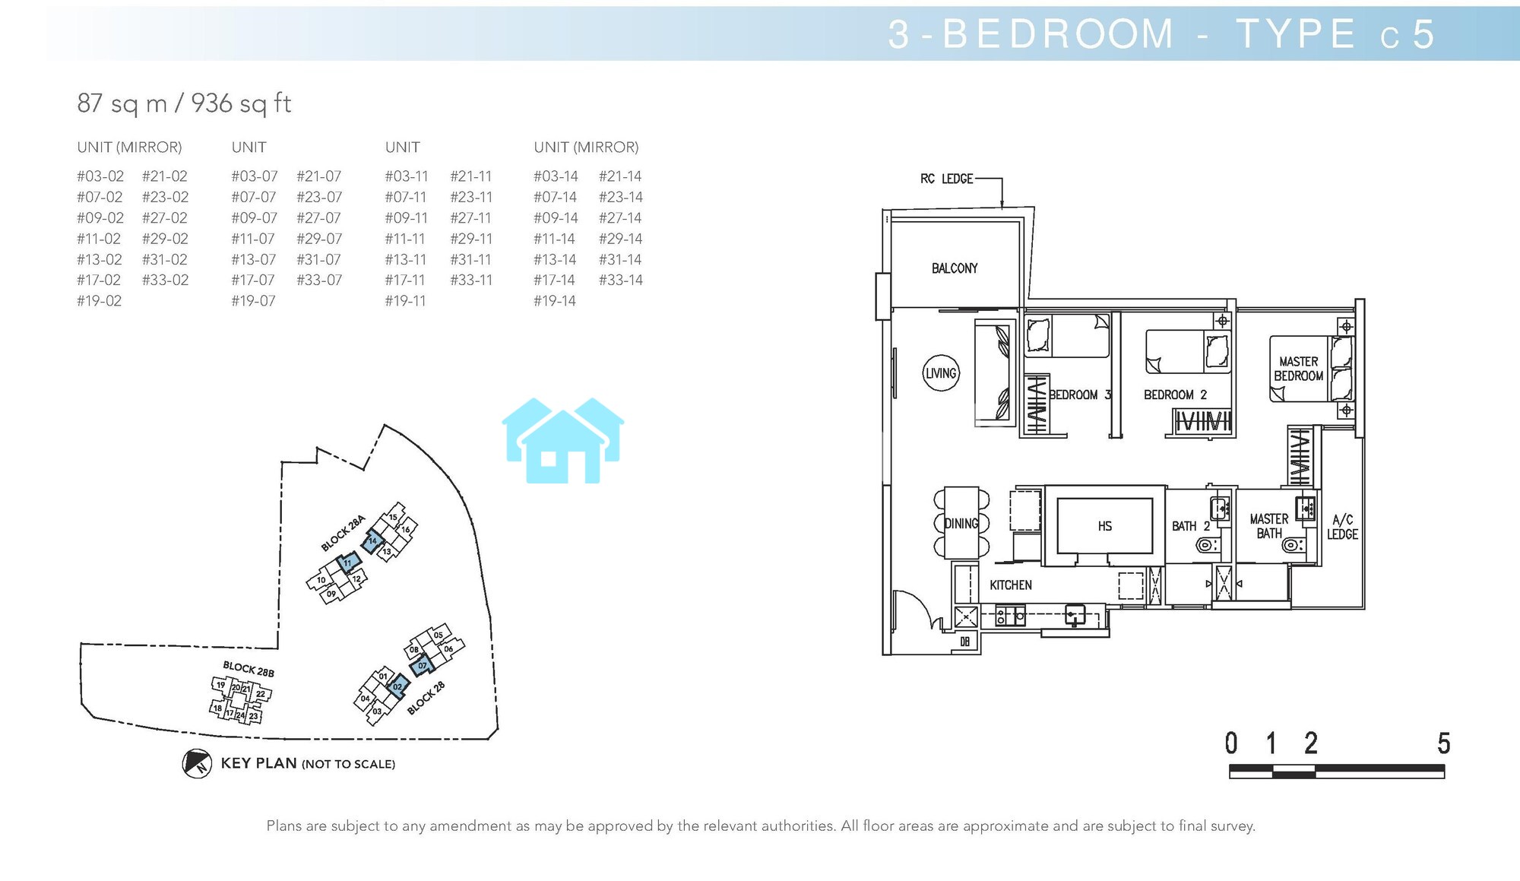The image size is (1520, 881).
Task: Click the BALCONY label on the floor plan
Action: coord(955,268)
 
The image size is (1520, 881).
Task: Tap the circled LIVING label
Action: coord(941,373)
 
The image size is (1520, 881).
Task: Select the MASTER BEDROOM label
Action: coord(1299,369)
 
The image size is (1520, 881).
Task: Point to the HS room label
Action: coord(1105,526)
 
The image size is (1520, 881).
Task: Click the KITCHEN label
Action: coord(1011,585)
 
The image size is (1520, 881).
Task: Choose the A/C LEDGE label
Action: coord(1343,527)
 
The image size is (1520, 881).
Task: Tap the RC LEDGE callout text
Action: coord(947,179)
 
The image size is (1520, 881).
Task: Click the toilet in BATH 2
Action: coord(1207,545)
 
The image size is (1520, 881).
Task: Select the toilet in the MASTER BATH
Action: coord(1293,545)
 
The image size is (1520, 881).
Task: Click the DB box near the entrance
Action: coord(964,642)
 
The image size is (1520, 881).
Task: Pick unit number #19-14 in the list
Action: coord(555,301)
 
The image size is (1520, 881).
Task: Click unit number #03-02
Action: coord(100,176)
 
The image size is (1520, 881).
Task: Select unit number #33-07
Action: coord(319,280)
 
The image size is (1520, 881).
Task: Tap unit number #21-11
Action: coord(471,176)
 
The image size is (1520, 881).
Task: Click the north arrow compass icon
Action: coord(197,763)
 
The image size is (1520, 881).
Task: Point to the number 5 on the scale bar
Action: coord(1444,743)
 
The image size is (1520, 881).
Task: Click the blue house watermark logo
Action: coord(563,440)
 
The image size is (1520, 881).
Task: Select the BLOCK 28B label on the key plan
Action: coord(249,669)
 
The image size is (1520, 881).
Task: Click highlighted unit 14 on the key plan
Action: coord(372,541)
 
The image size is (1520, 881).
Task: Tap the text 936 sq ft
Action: coord(241,103)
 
